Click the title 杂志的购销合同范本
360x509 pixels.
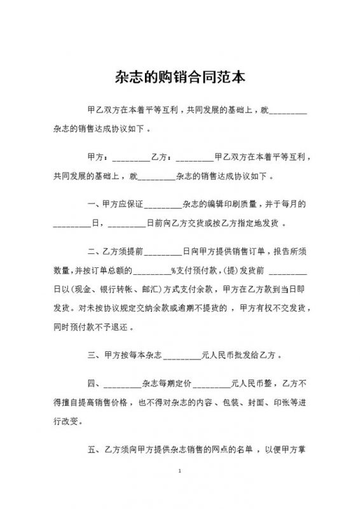[x=180, y=78]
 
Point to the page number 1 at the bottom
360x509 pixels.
[x=181, y=471]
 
